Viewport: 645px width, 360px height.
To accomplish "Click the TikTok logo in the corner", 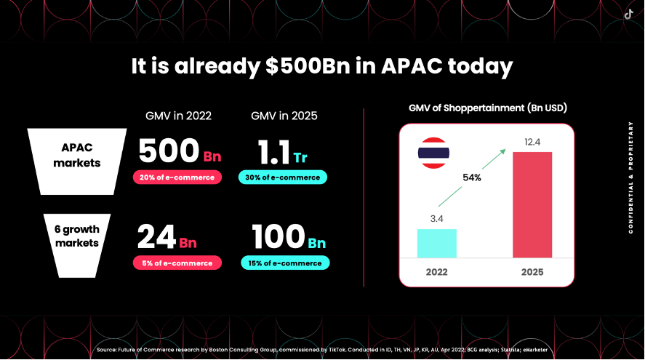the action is pos(628,15).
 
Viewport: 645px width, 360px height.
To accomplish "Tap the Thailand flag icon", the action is pos(433,153).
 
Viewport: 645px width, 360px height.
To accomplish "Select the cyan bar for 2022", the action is pos(437,244).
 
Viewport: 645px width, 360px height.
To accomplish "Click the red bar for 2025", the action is pos(532,205).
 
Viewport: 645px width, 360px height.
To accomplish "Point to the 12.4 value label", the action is pos(532,142).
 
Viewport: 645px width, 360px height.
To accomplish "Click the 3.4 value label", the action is pos(437,219).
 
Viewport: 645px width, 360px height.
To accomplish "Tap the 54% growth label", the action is pos(472,177).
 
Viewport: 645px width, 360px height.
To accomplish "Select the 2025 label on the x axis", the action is pos(532,272).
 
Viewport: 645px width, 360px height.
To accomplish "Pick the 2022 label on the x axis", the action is pos(437,272).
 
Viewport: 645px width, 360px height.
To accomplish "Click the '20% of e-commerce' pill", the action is pos(177,177).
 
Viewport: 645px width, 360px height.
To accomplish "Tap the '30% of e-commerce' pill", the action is pos(283,177).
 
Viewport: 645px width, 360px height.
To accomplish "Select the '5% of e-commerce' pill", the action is pos(177,263).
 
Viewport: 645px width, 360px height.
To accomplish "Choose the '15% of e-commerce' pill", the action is pos(285,263).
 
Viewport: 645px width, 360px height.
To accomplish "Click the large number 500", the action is pos(169,151).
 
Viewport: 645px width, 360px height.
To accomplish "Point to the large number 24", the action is pos(157,237).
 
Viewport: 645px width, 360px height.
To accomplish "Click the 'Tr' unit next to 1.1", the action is pos(300,158).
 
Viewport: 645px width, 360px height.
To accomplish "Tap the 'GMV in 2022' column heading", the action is pos(179,116).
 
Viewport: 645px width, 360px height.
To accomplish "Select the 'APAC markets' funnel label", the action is pos(77,155).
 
